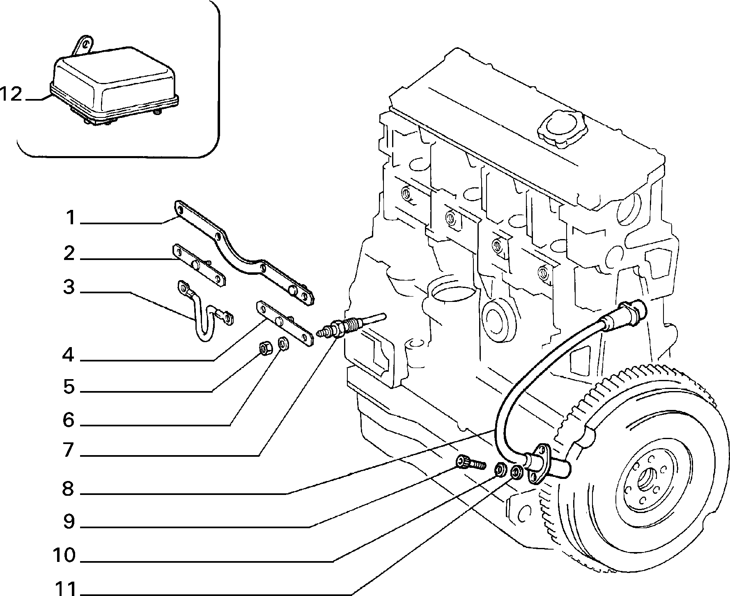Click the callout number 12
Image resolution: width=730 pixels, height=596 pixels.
(11, 94)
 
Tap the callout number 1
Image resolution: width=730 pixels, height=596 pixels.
(71, 218)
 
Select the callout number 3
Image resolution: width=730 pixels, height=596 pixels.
(69, 287)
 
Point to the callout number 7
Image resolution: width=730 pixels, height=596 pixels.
(69, 450)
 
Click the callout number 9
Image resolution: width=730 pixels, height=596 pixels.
(69, 522)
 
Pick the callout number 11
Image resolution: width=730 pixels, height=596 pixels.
(66, 589)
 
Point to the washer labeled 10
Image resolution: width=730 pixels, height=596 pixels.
(500, 469)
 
